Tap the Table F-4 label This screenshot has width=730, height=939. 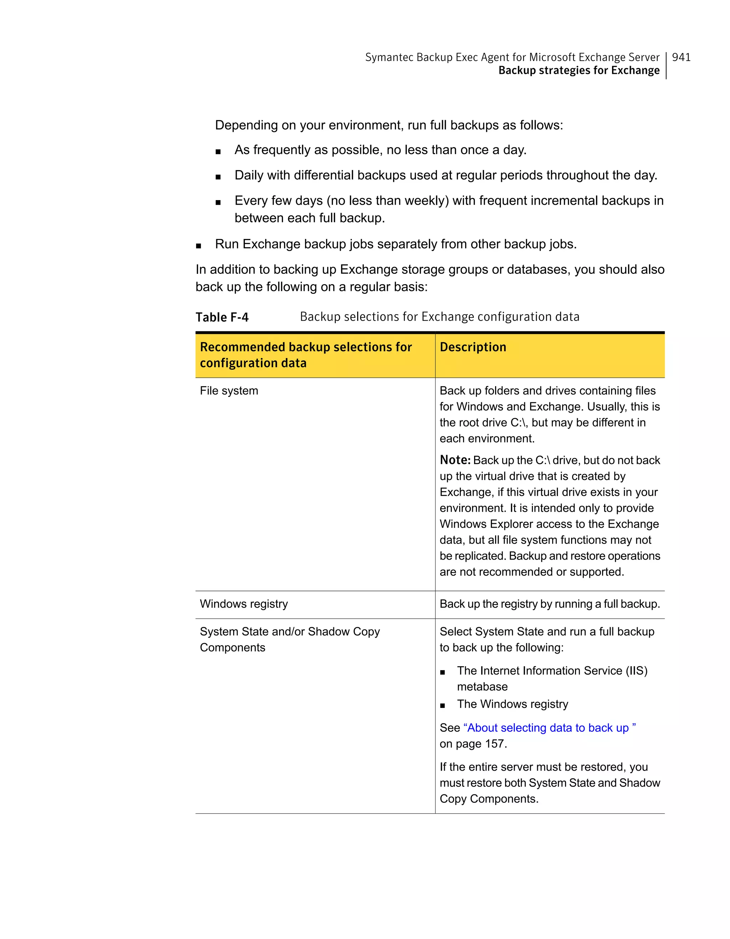coord(222,317)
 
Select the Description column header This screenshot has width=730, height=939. coord(473,347)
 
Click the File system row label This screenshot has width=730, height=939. coord(228,391)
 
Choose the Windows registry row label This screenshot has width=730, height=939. coord(243,604)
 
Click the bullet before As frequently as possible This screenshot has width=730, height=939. coord(218,151)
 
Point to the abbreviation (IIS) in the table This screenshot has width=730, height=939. coord(636,671)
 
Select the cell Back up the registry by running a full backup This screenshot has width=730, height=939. coord(550,604)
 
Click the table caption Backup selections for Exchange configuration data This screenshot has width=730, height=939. coord(439,317)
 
